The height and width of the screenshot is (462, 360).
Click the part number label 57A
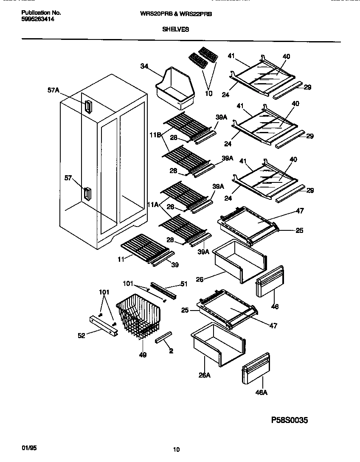coord(53,90)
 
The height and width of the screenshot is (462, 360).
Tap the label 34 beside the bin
coord(144,66)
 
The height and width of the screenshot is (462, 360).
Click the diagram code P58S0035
coord(289,420)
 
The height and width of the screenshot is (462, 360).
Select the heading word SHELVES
coord(175,30)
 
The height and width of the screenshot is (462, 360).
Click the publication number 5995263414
coord(38,20)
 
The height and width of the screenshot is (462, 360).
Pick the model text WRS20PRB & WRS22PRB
coord(175,14)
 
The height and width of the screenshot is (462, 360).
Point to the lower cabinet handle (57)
coord(87,194)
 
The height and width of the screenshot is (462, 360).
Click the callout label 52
coord(81,336)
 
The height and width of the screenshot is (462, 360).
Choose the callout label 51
coord(184,284)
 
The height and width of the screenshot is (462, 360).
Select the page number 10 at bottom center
coord(177,450)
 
